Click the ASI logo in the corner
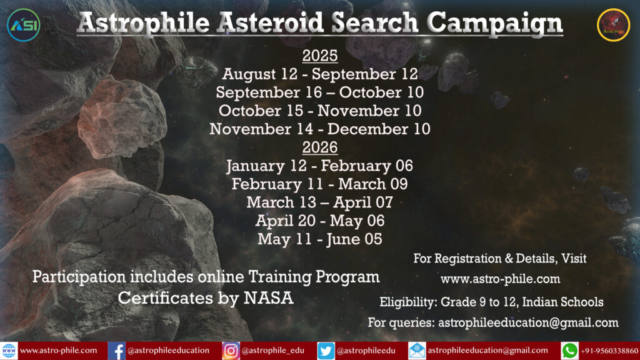coord(24,25)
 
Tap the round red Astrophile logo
coord(614,25)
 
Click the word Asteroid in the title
coord(270,22)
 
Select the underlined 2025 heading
coord(320,56)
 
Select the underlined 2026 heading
coord(320,147)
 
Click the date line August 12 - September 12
coord(320,74)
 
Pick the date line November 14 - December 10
coord(320,129)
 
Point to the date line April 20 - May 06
coord(320,221)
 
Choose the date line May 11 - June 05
coord(320,239)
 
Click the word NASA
coord(269,298)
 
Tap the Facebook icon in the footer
coord(116,351)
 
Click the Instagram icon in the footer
coord(231,351)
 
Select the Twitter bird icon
coord(326,351)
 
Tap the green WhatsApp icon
coord(570,351)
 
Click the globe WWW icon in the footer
coord(9,351)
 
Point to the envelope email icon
coord(417,351)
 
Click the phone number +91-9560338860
coord(609,351)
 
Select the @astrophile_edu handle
coord(272,351)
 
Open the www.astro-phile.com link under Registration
coord(501,279)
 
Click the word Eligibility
coord(407,302)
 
